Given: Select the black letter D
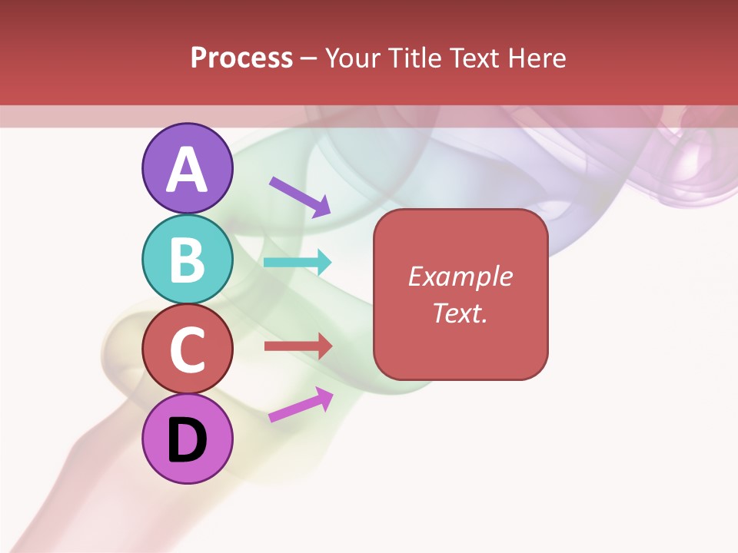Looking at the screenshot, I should tap(187, 441).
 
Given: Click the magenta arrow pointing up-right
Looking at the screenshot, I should tap(301, 405).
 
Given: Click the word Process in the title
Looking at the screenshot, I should tap(241, 58).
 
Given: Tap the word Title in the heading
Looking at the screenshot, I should tap(414, 58).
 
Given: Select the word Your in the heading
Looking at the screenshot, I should tap(352, 58).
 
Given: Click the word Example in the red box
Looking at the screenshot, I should tap(460, 276).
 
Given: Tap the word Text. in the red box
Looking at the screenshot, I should tap(460, 313).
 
